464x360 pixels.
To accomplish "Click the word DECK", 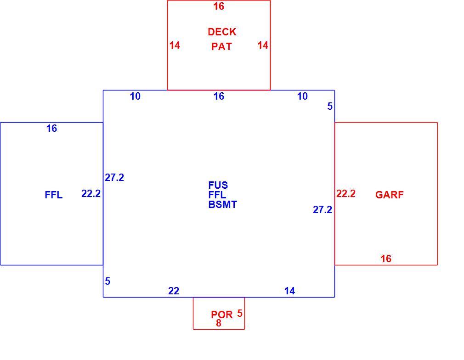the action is pyautogui.click(x=222, y=32).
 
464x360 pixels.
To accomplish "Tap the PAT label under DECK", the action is pyautogui.click(x=221, y=47).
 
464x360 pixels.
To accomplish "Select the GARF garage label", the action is pyautogui.click(x=390, y=195).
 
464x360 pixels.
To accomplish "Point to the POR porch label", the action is pyautogui.click(x=222, y=315).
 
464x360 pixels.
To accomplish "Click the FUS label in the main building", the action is pyautogui.click(x=218, y=186).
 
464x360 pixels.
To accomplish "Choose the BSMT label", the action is pyautogui.click(x=222, y=205).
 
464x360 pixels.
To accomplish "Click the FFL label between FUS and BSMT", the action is pyautogui.click(x=217, y=195).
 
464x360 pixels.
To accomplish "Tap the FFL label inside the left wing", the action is pyautogui.click(x=54, y=195).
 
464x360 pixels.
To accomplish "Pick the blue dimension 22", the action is pyautogui.click(x=174, y=291).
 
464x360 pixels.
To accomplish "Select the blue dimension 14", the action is pyautogui.click(x=289, y=291).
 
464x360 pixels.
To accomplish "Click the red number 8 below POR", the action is pyautogui.click(x=219, y=323).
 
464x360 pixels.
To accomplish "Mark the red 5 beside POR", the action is pyautogui.click(x=240, y=314).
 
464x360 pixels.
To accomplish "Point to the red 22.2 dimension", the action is pyautogui.click(x=345, y=194).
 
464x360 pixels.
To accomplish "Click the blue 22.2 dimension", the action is pyautogui.click(x=91, y=194).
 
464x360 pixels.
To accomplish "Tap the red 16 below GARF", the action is pyautogui.click(x=386, y=259).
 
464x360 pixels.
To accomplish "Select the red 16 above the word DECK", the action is pyautogui.click(x=219, y=6).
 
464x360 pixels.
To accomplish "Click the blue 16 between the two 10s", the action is pyautogui.click(x=219, y=96).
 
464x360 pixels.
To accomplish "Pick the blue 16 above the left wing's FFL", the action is pyautogui.click(x=51, y=129).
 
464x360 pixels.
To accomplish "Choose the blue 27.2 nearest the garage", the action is pyautogui.click(x=322, y=210).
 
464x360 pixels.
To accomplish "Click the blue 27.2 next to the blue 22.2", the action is pyautogui.click(x=114, y=178).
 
